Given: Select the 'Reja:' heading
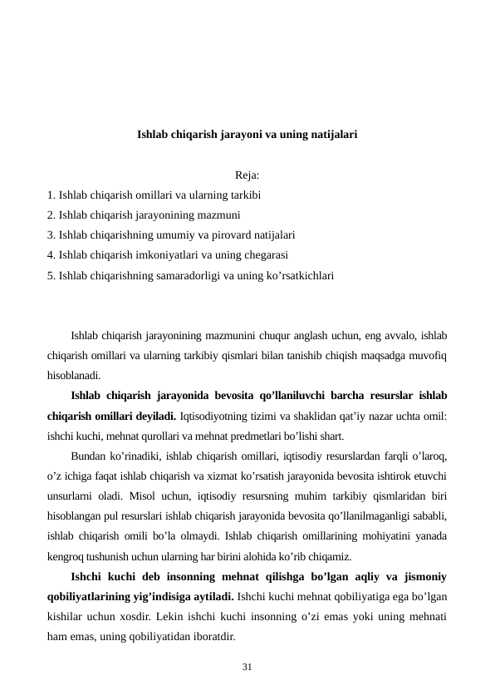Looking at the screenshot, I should [x=247, y=175].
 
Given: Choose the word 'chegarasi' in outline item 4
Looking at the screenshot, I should [x=252, y=255].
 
